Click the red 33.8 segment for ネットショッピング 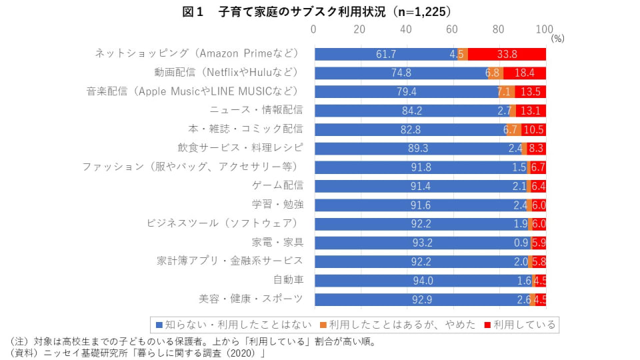(507, 54)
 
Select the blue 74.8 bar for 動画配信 (400, 73)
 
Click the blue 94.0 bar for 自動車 (423, 281)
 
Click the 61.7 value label (386, 54)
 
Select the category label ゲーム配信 (277, 185)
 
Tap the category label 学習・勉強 (277, 204)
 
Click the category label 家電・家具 (277, 241)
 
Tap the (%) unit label (558, 39)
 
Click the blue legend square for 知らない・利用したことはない (159, 325)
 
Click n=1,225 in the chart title (419, 11)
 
